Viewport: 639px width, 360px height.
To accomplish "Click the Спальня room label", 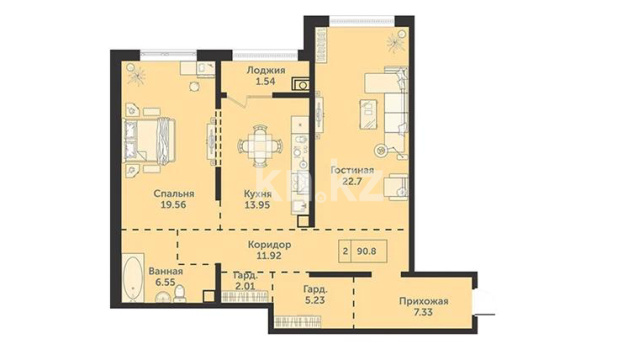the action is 174,194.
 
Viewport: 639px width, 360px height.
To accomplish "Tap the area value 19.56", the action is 174,205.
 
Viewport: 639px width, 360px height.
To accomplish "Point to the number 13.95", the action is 257,205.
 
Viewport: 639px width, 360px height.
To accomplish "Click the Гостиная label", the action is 352,170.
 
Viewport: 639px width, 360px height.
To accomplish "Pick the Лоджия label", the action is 266,70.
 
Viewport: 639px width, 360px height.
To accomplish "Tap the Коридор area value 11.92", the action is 269,256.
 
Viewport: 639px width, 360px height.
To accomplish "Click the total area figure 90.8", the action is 366,251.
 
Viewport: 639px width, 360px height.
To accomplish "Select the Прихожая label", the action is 423,301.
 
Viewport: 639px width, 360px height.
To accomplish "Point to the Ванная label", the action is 165,271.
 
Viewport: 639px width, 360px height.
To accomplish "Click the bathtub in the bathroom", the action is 133,278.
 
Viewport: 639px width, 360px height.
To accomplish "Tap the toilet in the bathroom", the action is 180,294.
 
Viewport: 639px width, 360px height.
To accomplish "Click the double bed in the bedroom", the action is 149,141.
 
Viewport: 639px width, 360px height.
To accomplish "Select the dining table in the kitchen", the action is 260,146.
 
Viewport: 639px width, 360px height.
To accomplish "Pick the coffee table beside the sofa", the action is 368,115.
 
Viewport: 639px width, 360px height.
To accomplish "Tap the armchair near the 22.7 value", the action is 397,187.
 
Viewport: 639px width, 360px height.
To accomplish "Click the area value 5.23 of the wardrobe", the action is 315,300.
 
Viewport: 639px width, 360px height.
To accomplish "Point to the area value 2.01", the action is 245,286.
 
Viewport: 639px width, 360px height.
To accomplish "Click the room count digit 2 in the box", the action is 346,251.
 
